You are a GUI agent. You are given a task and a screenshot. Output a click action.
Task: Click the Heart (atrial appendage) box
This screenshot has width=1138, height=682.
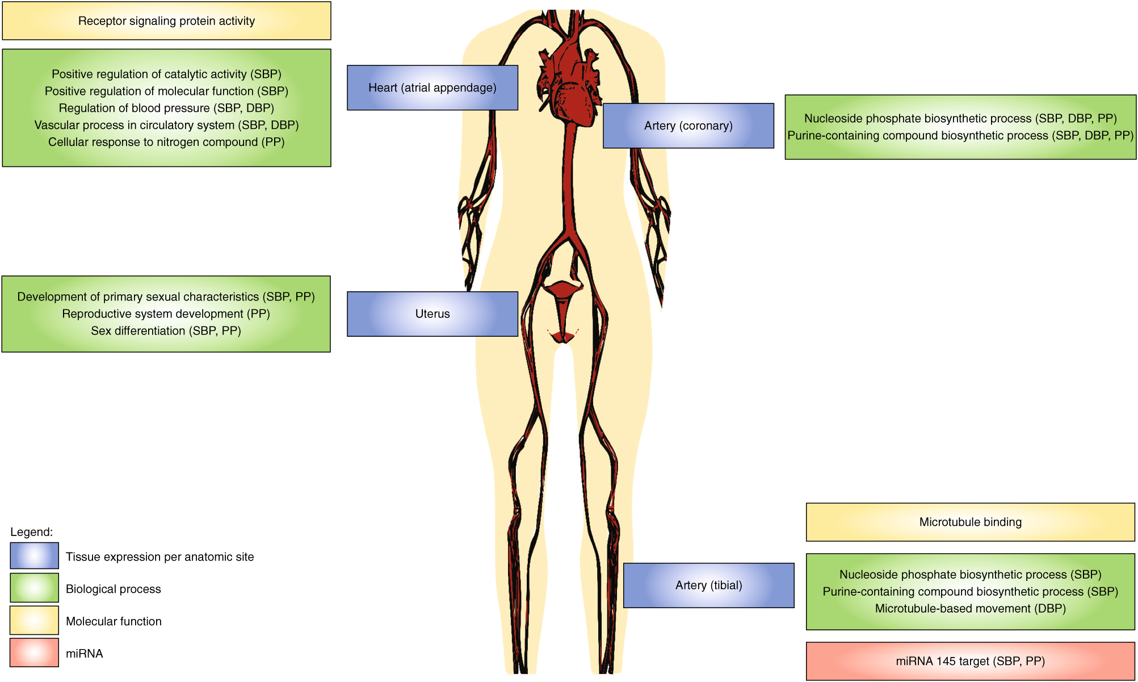point(432,87)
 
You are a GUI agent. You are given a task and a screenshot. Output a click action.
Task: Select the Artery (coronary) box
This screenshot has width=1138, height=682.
point(688,125)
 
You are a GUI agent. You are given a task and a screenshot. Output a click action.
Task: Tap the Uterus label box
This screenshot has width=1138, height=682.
point(432,313)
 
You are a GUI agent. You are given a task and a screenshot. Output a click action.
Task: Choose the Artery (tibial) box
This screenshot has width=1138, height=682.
point(708,585)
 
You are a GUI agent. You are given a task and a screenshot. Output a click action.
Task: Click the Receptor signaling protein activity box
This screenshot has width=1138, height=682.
point(166,21)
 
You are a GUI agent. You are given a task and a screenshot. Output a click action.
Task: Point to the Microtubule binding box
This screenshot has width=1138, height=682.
point(970,522)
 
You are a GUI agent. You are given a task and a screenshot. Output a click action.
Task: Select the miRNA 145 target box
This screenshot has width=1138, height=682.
point(970,661)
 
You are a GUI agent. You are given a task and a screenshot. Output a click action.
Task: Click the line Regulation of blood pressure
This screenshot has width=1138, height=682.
point(166,108)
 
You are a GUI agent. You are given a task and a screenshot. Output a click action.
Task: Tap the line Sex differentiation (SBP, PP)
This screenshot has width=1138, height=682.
point(166,330)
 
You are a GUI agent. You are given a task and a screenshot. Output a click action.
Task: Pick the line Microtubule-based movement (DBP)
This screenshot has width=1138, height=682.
point(970,608)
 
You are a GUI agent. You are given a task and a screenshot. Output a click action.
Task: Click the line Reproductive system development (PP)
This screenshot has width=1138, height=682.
point(166,313)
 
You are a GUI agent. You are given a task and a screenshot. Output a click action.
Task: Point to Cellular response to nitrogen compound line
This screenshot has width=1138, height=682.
point(166,142)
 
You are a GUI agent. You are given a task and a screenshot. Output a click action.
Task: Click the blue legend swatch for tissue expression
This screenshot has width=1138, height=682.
point(34,555)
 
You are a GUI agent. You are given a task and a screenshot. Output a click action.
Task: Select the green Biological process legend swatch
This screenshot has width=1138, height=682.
point(34,587)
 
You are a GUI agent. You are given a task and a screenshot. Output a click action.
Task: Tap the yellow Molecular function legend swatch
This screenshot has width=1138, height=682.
point(34,620)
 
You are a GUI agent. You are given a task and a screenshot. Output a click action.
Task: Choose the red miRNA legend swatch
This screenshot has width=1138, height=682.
point(34,652)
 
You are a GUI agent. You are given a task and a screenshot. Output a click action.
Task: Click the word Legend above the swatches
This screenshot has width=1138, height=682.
point(31,532)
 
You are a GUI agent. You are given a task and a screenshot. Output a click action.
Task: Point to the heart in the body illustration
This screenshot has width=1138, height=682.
point(570,85)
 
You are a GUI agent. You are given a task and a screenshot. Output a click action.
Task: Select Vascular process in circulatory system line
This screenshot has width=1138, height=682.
point(166,125)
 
